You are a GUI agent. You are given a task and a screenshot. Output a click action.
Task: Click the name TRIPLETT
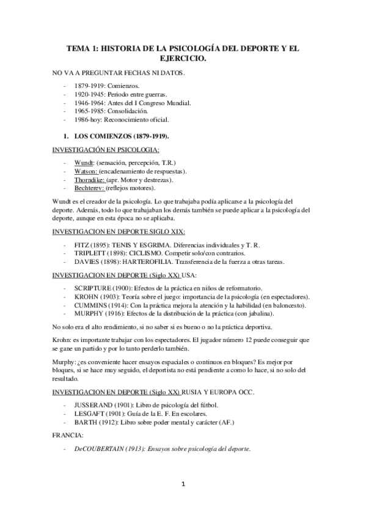pos(90,253)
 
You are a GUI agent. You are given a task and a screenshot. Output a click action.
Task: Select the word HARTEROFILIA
pos(156,261)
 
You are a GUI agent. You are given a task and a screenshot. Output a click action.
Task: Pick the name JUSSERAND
pos(94,406)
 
